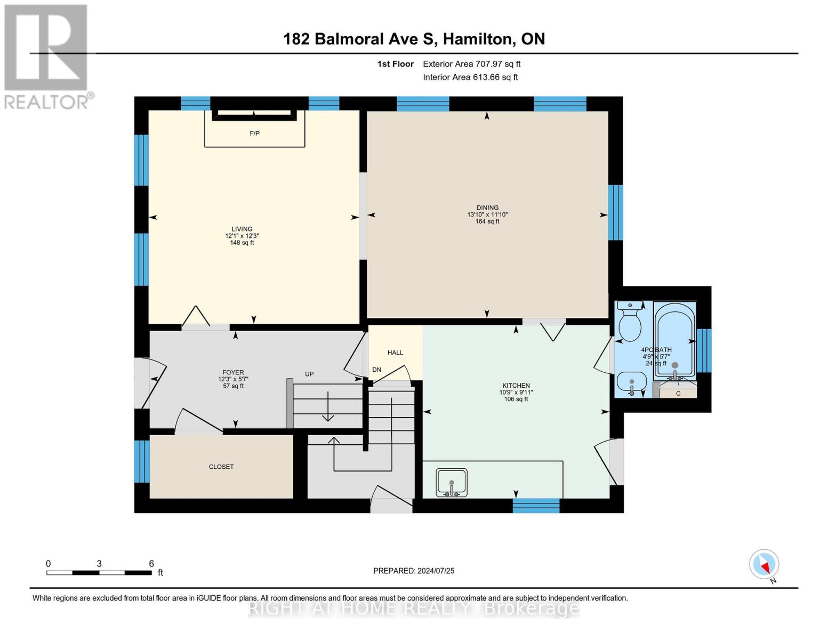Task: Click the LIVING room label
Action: coord(242,229)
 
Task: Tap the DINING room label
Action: coord(487,208)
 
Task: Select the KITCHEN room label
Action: coord(516,386)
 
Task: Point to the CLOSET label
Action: coord(221,467)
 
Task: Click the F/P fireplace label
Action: coord(255,133)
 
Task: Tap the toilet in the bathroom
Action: coord(630,321)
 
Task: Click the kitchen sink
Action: coord(452,482)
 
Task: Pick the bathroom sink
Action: coord(632,382)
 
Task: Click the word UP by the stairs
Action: coord(309,374)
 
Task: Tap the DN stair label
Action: coord(377,370)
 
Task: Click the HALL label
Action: coord(395,353)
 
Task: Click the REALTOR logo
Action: coord(47,56)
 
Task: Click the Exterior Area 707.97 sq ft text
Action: coord(471,64)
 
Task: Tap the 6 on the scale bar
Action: coord(151,564)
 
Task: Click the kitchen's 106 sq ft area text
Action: coord(516,399)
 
